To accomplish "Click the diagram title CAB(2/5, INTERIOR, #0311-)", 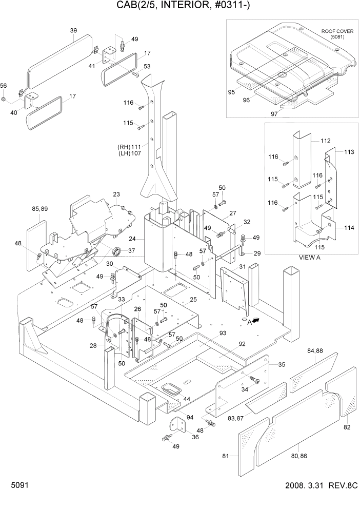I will coord(180,6).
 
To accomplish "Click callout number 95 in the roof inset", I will coord(231,92).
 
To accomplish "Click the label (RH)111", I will coord(129,147).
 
